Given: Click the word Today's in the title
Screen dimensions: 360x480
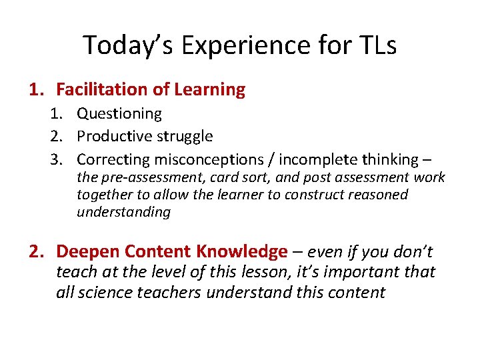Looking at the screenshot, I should click(125, 45).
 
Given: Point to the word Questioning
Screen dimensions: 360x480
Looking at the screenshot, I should click(119, 114).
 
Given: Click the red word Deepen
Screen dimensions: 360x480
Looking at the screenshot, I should click(83, 251).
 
